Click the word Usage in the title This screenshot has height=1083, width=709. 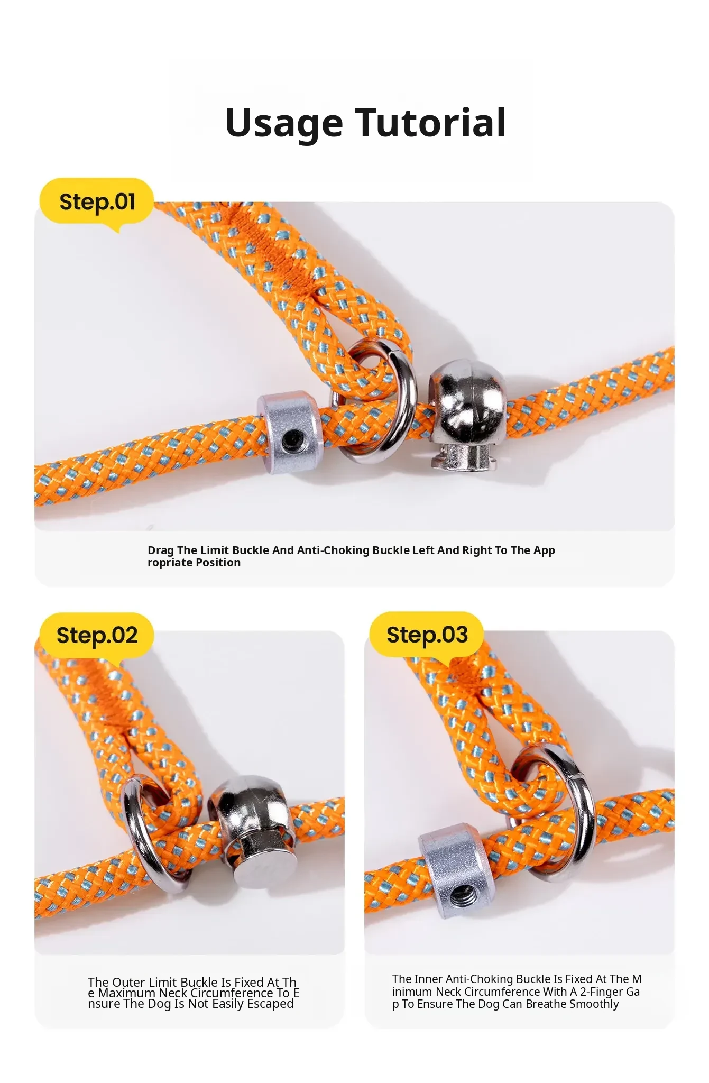click(284, 123)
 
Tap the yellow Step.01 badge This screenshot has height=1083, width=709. click(97, 203)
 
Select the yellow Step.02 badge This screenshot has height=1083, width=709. click(97, 636)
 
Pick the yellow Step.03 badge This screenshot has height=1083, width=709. click(427, 636)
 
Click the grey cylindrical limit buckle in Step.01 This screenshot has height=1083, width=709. click(290, 430)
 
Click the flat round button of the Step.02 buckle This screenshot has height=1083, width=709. click(263, 862)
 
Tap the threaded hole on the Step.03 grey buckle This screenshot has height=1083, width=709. click(458, 896)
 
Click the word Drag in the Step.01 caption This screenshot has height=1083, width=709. click(161, 550)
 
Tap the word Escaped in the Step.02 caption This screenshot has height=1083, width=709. click(270, 1004)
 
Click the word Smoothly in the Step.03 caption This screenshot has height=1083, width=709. click(593, 1004)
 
